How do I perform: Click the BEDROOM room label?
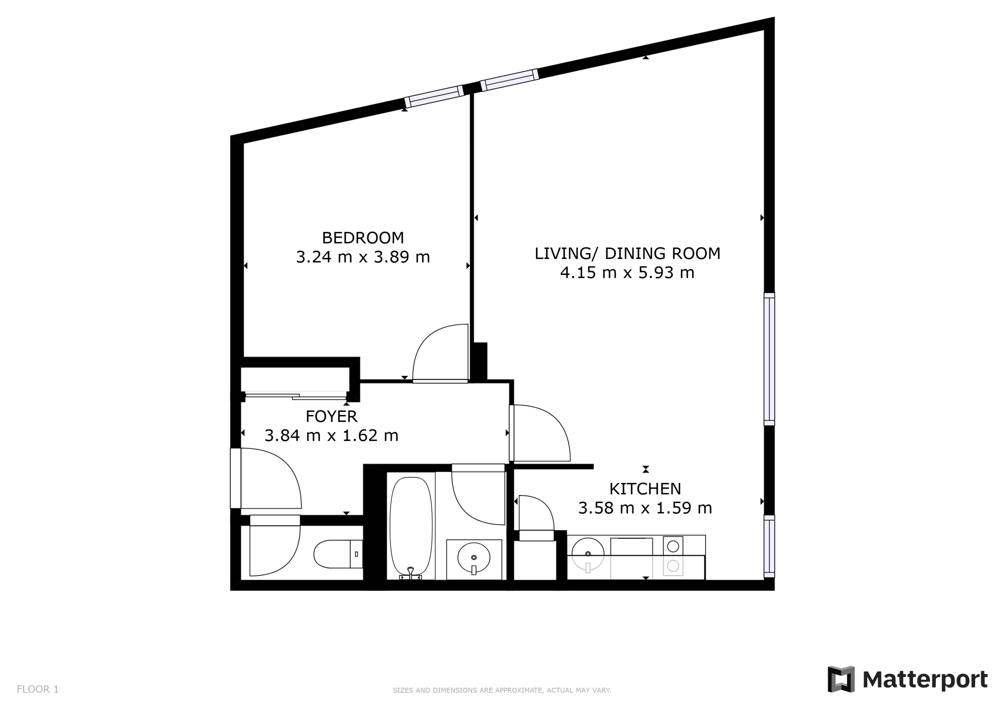coord(363,238)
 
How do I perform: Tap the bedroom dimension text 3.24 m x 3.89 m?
coord(363,257)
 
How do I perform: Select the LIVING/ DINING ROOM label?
coord(627,254)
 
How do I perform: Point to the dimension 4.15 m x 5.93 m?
coord(627,273)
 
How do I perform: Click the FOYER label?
coord(331,417)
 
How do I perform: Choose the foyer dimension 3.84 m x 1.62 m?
coord(331,436)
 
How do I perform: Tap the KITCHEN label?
coord(645,489)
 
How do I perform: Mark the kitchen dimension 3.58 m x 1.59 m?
coord(645,508)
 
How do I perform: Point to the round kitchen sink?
coord(588,554)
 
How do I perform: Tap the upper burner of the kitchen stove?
coord(673,546)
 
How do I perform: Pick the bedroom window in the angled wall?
coord(434,96)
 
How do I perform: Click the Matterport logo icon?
coord(841,679)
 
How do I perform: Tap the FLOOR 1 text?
coord(38,690)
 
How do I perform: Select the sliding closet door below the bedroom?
coord(296,396)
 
